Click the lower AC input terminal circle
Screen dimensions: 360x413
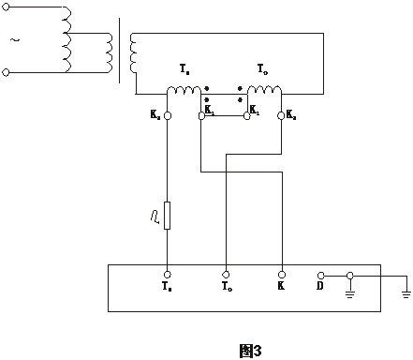(x=7, y=71)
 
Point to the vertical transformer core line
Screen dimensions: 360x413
(x=121, y=45)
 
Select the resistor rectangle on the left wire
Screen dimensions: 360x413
(x=167, y=215)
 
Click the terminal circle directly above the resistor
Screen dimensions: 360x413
(x=167, y=116)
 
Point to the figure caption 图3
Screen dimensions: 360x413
(x=249, y=350)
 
